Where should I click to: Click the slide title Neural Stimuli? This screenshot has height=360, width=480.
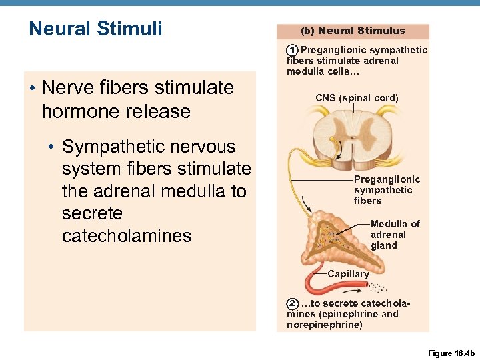pyautogui.click(x=95, y=29)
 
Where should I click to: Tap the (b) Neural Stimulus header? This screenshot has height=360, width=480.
pyautogui.click(x=353, y=31)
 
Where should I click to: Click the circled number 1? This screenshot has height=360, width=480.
pyautogui.click(x=292, y=51)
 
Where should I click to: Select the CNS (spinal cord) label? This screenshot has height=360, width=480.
pyautogui.click(x=357, y=98)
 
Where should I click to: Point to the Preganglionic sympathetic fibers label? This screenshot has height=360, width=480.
pyautogui.click(x=387, y=190)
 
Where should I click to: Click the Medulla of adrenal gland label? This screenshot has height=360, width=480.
pyautogui.click(x=395, y=235)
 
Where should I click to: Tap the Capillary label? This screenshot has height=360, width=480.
pyautogui.click(x=348, y=274)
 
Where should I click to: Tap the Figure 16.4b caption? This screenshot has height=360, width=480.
pyautogui.click(x=450, y=352)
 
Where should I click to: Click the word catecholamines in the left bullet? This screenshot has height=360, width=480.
pyautogui.click(x=127, y=236)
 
